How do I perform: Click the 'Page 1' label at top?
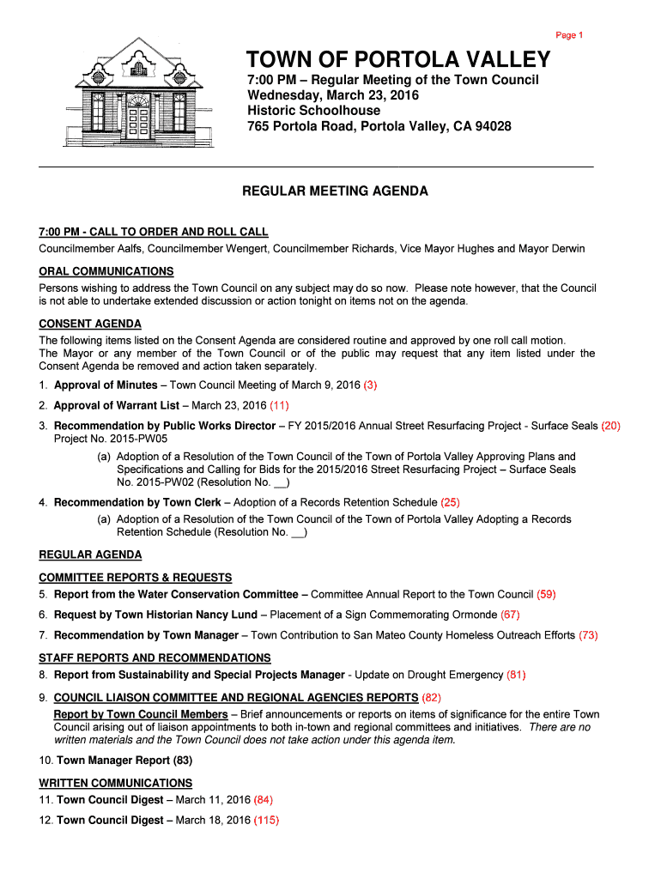(x=569, y=35)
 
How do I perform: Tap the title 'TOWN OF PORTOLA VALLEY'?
(x=398, y=59)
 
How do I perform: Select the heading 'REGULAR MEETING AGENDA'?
(x=335, y=191)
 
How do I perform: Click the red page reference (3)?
(x=370, y=385)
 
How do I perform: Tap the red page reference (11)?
(x=279, y=405)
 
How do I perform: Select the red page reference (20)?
(x=610, y=426)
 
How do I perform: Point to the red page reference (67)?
(x=510, y=615)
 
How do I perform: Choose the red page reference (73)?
(x=588, y=635)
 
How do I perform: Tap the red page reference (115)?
(x=267, y=820)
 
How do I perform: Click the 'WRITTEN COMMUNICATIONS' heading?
(x=116, y=783)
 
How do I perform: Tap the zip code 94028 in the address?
(x=492, y=126)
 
